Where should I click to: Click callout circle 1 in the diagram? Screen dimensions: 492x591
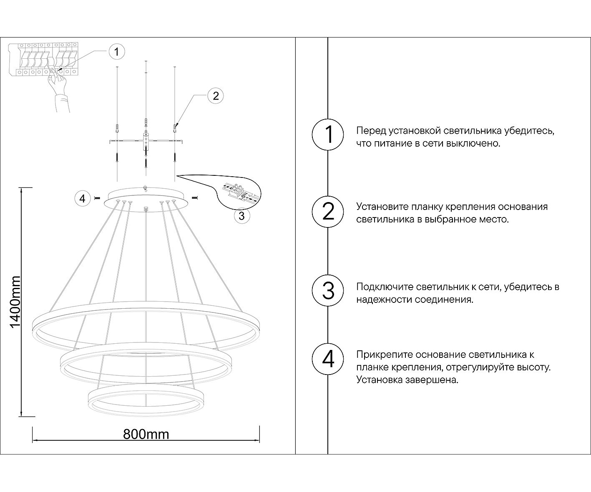pos(116,52)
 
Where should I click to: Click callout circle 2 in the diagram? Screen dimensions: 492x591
pos(215,96)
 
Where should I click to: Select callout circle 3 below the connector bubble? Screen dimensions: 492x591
pos(241,215)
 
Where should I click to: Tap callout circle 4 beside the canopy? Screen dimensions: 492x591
pos(82,198)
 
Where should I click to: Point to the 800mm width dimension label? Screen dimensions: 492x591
pos(146,435)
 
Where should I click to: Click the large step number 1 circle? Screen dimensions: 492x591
pos(328,135)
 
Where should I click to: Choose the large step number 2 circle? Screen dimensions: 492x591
pos(328,211)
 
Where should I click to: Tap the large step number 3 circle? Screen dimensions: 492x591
pos(328,290)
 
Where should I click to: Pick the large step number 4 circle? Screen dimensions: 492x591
pos(328,359)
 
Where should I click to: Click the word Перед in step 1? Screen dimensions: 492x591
pos(371,131)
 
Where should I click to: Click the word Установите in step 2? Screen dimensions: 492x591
pos(382,207)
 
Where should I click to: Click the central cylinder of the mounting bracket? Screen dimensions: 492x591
pos(146,141)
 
